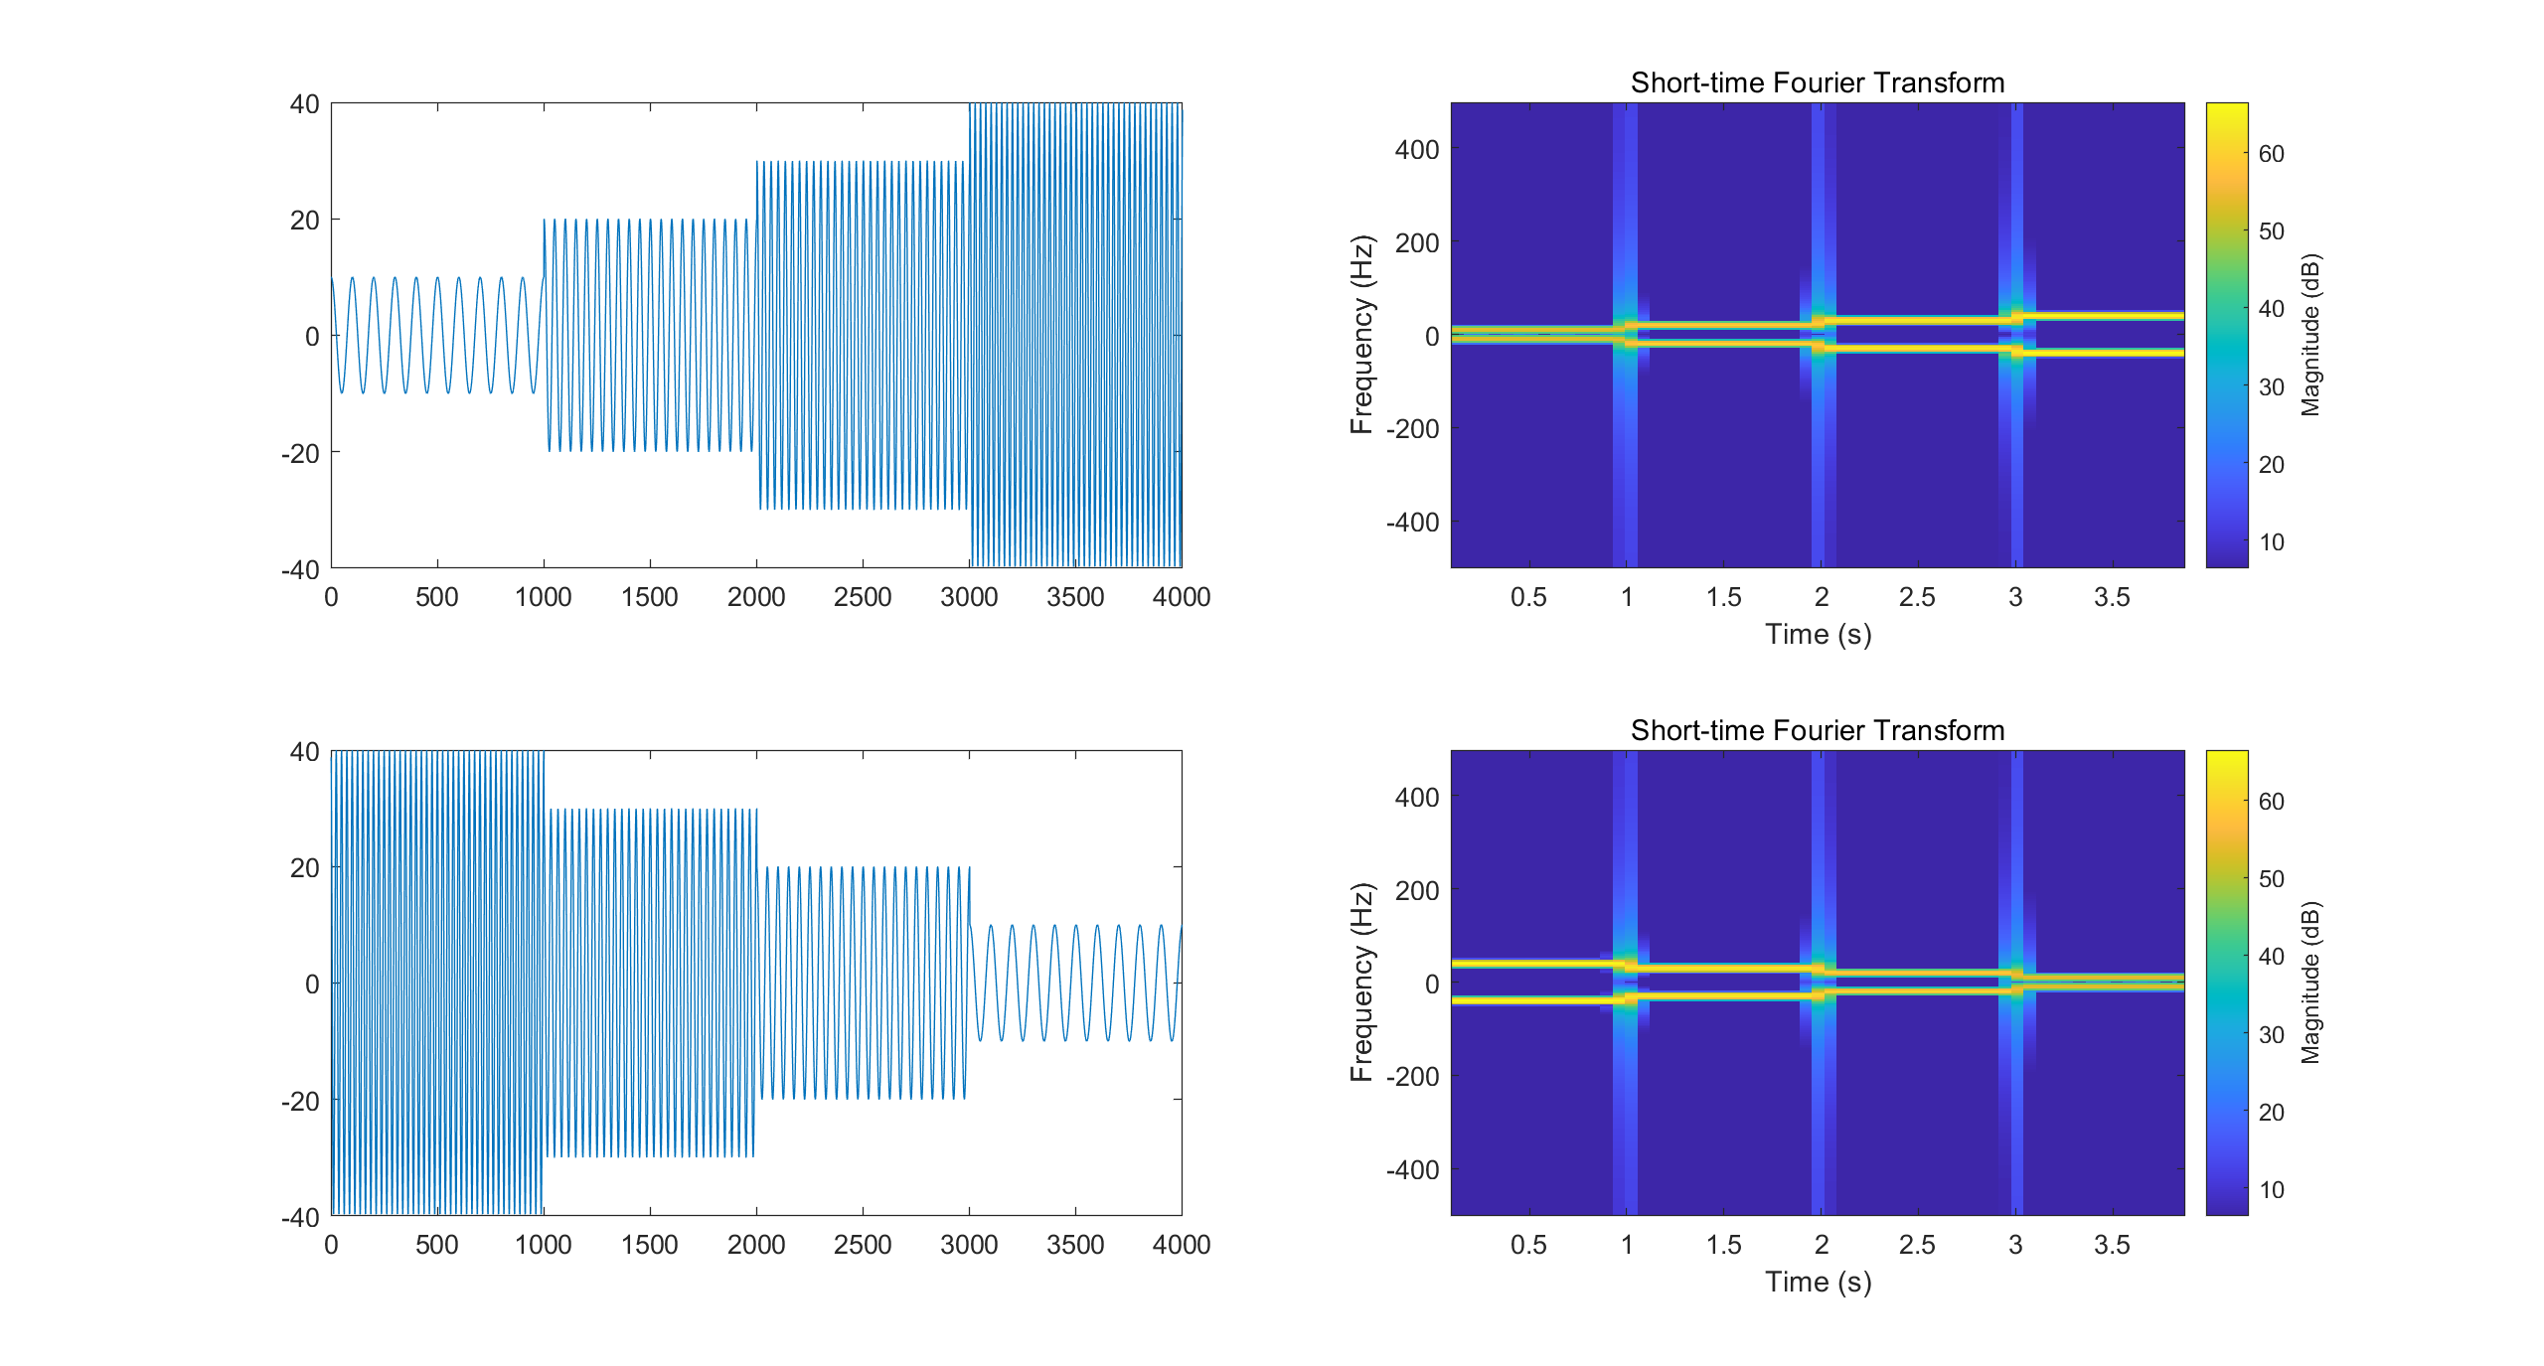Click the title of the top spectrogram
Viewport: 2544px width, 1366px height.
pos(1817,82)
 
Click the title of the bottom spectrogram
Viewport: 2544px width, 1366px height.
pos(1817,730)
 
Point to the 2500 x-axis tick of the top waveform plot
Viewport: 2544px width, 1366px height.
pos(862,597)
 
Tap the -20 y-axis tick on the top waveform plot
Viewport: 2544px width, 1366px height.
pos(300,453)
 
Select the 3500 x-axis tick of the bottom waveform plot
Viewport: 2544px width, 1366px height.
pos(1075,1245)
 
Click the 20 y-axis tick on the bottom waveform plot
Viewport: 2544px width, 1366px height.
pos(304,868)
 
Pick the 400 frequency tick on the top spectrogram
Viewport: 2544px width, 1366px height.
pos(1416,150)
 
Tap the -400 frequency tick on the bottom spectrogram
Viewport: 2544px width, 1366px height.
pos(1412,1170)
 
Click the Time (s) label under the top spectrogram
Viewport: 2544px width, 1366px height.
pos(1818,634)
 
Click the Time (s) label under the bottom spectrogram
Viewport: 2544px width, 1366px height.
pos(1818,1282)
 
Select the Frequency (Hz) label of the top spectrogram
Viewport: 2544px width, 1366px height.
pos(1361,335)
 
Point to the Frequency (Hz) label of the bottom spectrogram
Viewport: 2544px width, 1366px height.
pos(1361,983)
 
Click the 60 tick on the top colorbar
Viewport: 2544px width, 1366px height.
pos(2271,154)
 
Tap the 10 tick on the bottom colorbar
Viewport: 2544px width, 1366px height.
pos(2271,1190)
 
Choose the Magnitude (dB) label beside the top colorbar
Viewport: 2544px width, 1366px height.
pos(2310,335)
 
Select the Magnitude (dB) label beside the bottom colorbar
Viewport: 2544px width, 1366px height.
pos(2310,983)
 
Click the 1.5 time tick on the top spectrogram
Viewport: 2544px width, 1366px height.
pos(1723,597)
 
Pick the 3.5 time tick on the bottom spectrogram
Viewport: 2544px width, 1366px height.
pos(2112,1245)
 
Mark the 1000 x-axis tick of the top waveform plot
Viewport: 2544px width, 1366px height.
pos(543,597)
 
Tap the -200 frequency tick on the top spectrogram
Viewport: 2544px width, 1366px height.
pos(1412,429)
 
